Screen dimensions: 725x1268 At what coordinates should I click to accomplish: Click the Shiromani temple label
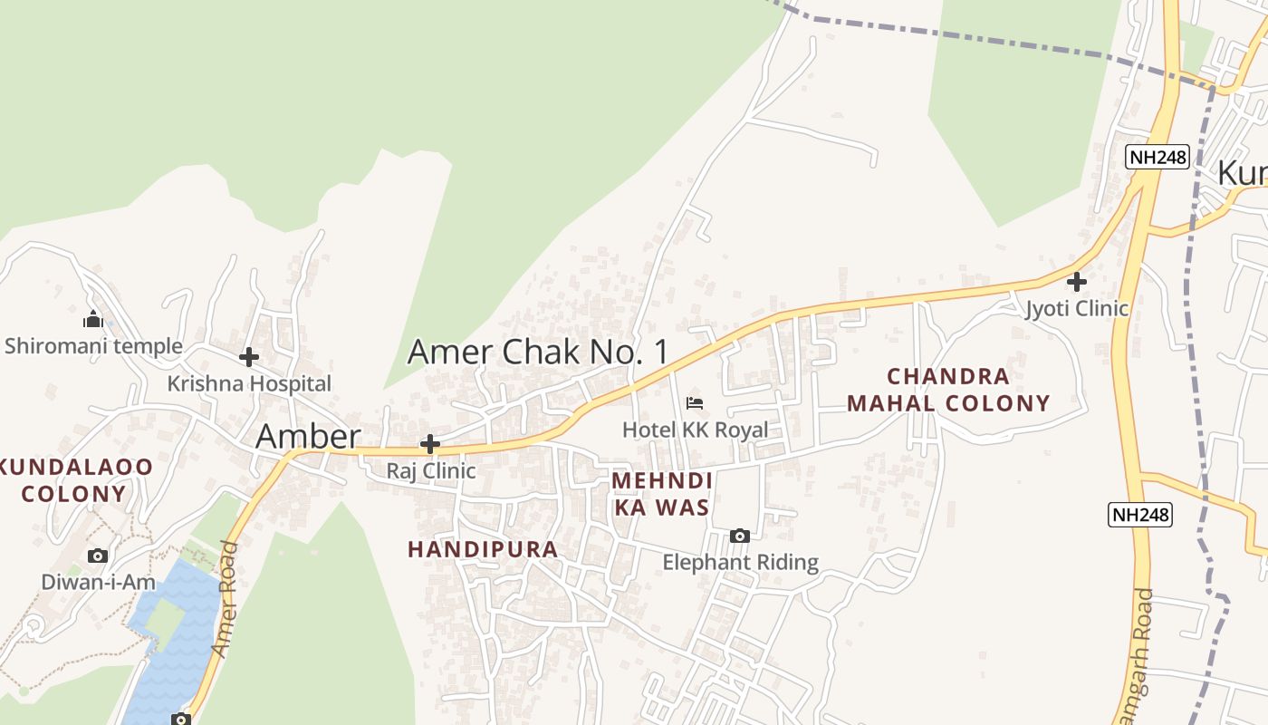pyautogui.click(x=93, y=345)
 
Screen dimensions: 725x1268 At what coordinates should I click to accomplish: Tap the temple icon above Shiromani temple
pyautogui.click(x=92, y=319)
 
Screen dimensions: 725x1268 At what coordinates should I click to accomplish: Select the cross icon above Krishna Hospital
pyautogui.click(x=249, y=357)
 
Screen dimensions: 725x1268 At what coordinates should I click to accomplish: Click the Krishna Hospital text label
pyautogui.click(x=249, y=383)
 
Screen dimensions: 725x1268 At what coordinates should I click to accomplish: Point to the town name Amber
pyautogui.click(x=308, y=437)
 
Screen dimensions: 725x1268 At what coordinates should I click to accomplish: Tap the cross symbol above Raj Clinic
pyautogui.click(x=430, y=445)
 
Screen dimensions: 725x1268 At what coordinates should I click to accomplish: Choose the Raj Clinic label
pyautogui.click(x=431, y=471)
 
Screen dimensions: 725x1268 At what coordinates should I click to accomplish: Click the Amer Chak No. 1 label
pyautogui.click(x=538, y=352)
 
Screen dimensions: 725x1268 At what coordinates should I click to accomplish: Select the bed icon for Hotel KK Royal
pyautogui.click(x=695, y=402)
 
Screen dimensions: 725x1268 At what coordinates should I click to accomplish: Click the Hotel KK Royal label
pyautogui.click(x=695, y=430)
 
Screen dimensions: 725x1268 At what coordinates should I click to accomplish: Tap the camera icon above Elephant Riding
pyautogui.click(x=740, y=536)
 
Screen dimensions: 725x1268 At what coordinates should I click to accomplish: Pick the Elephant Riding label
pyautogui.click(x=740, y=563)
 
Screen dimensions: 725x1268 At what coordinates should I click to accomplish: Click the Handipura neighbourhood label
pyautogui.click(x=483, y=549)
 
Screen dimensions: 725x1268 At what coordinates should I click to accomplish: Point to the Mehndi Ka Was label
pyautogui.click(x=662, y=494)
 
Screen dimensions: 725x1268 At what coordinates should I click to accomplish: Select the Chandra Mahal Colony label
pyautogui.click(x=948, y=390)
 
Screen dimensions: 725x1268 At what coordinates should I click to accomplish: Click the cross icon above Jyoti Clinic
pyautogui.click(x=1076, y=282)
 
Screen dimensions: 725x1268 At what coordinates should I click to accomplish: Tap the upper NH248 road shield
pyautogui.click(x=1157, y=157)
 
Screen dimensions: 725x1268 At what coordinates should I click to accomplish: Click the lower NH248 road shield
pyautogui.click(x=1140, y=515)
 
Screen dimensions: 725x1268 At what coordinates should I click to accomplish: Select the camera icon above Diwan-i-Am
pyautogui.click(x=98, y=556)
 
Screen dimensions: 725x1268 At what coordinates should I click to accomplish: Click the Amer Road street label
pyautogui.click(x=226, y=600)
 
